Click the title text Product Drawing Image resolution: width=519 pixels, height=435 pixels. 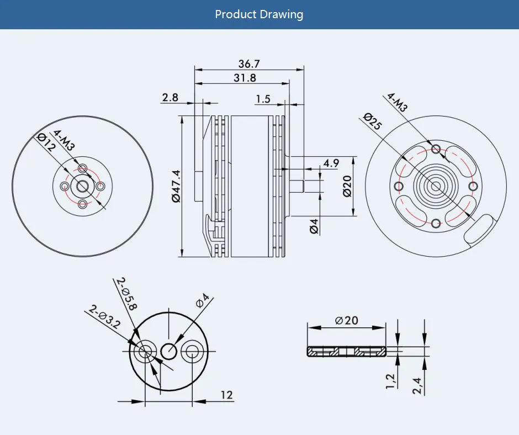point(259,14)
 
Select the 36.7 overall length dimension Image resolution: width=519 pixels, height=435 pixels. point(249,64)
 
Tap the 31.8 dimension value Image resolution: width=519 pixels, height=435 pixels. point(245,78)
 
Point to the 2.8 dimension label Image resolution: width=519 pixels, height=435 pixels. point(170,98)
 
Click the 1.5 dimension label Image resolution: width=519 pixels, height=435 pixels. point(263,99)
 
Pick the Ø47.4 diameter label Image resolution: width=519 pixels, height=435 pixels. point(176,187)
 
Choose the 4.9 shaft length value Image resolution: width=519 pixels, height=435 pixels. point(331,163)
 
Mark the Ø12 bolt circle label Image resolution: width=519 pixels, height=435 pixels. point(46,142)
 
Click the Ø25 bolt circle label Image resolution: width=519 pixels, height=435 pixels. point(373,121)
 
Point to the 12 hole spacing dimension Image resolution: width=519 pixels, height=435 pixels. point(227,395)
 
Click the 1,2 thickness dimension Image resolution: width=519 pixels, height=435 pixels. point(391,381)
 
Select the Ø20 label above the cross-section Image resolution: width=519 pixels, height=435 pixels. point(347,320)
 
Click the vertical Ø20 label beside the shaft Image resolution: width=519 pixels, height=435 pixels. point(347,186)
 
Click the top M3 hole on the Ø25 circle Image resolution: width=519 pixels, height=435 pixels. point(436,148)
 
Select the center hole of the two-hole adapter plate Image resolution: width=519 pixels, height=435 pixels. point(169,351)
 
